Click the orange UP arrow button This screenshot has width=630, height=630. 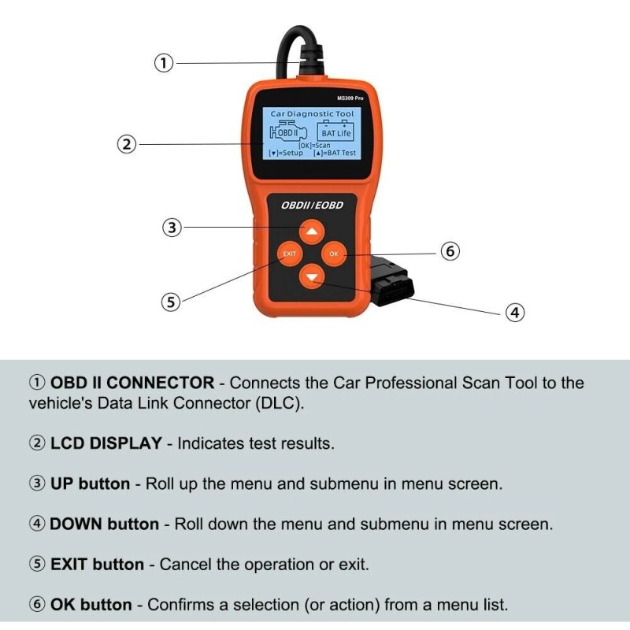313,232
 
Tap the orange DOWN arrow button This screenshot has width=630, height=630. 313,276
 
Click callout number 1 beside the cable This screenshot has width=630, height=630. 163,63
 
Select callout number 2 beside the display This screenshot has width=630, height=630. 127,144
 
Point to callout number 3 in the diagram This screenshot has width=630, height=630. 172,228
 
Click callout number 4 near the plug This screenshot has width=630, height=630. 514,313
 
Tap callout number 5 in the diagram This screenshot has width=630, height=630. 171,302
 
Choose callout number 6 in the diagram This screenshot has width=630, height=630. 448,252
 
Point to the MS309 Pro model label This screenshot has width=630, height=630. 350,98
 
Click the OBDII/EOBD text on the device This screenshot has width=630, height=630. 313,205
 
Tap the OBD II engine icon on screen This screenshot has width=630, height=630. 288,132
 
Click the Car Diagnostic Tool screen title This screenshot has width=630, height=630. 313,114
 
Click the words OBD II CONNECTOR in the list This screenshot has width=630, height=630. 132,384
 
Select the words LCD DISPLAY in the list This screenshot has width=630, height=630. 106,443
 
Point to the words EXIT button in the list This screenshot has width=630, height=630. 97,565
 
